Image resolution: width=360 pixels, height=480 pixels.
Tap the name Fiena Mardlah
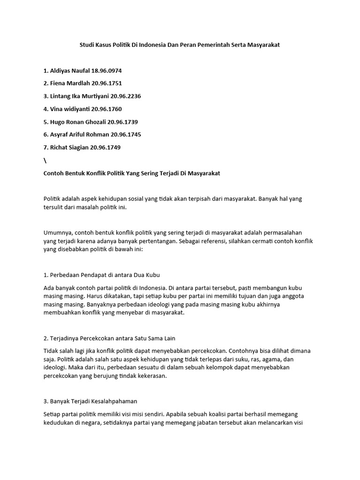(70, 83)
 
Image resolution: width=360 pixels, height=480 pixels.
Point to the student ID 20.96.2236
(126, 96)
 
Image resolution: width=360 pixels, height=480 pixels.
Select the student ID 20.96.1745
(126, 135)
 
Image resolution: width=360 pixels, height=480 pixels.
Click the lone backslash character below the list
(45, 160)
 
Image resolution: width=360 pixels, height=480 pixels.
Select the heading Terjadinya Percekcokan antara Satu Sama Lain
(113, 338)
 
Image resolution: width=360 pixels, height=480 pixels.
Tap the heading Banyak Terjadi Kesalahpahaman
(93, 402)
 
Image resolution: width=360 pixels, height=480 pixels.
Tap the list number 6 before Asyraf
(45, 135)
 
